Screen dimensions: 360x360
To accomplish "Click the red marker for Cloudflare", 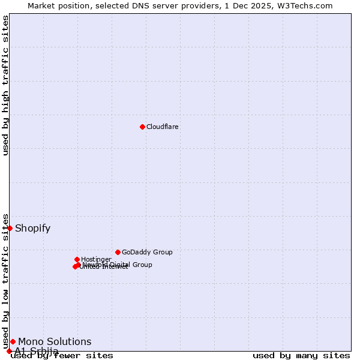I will click(x=142, y=127).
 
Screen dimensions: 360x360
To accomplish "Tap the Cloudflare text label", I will click(x=163, y=127).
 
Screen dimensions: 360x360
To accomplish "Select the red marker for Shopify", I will click(x=10, y=228).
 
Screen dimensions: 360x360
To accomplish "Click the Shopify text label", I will click(x=33, y=228).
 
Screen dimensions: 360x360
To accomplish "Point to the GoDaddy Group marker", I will click(x=118, y=252).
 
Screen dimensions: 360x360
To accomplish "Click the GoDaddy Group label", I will click(x=147, y=252).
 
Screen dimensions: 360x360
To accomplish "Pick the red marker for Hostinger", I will click(x=77, y=259).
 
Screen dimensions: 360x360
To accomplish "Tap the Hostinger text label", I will click(x=96, y=259).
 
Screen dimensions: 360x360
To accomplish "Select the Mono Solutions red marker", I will click(x=13, y=341).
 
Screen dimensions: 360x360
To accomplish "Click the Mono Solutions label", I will click(x=55, y=342).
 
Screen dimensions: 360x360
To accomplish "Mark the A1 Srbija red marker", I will click(x=9, y=351).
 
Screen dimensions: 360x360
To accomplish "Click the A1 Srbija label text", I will click(x=37, y=351).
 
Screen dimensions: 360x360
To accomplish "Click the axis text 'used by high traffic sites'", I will click(x=6, y=85).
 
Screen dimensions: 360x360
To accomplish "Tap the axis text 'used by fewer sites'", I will click(x=62, y=356).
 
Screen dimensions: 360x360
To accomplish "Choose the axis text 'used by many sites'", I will click(x=301, y=356).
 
